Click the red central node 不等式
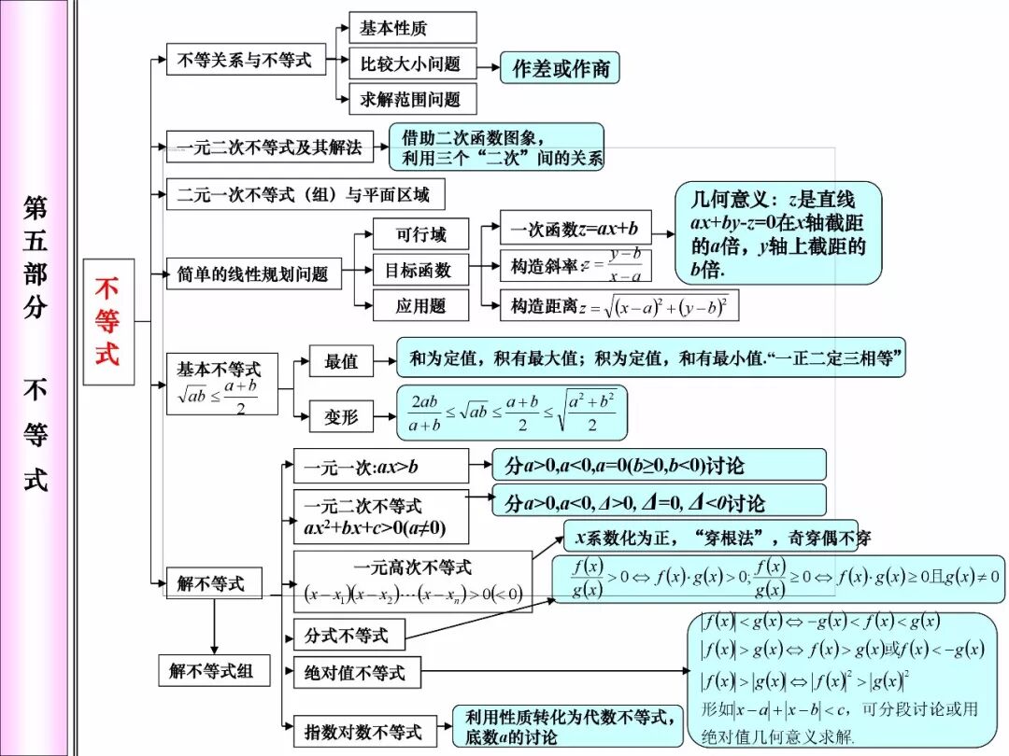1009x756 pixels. pyautogui.click(x=108, y=321)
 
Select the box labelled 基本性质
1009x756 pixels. pyautogui.click(x=412, y=28)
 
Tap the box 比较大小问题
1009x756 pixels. pyautogui.click(x=412, y=63)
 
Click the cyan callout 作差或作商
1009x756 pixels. pyautogui.click(x=560, y=68)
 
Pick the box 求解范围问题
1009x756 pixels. pyautogui.click(x=412, y=99)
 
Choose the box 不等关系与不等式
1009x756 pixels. pyautogui.click(x=245, y=61)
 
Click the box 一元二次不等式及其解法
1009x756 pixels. pyautogui.click(x=269, y=146)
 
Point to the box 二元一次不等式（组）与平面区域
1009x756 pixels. pyautogui.click(x=305, y=194)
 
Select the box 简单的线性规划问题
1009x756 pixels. pyautogui.click(x=254, y=273)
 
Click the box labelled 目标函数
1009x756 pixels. pyautogui.click(x=418, y=270)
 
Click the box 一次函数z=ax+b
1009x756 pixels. pyautogui.click(x=575, y=229)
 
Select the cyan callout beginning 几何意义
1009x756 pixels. pyautogui.click(x=778, y=233)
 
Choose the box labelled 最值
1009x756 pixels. pyautogui.click(x=341, y=361)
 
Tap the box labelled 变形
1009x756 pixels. pyautogui.click(x=341, y=416)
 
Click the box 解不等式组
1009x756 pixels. pyautogui.click(x=212, y=670)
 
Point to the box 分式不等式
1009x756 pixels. pyautogui.click(x=348, y=636)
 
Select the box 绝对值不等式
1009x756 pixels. pyautogui.click(x=356, y=672)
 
